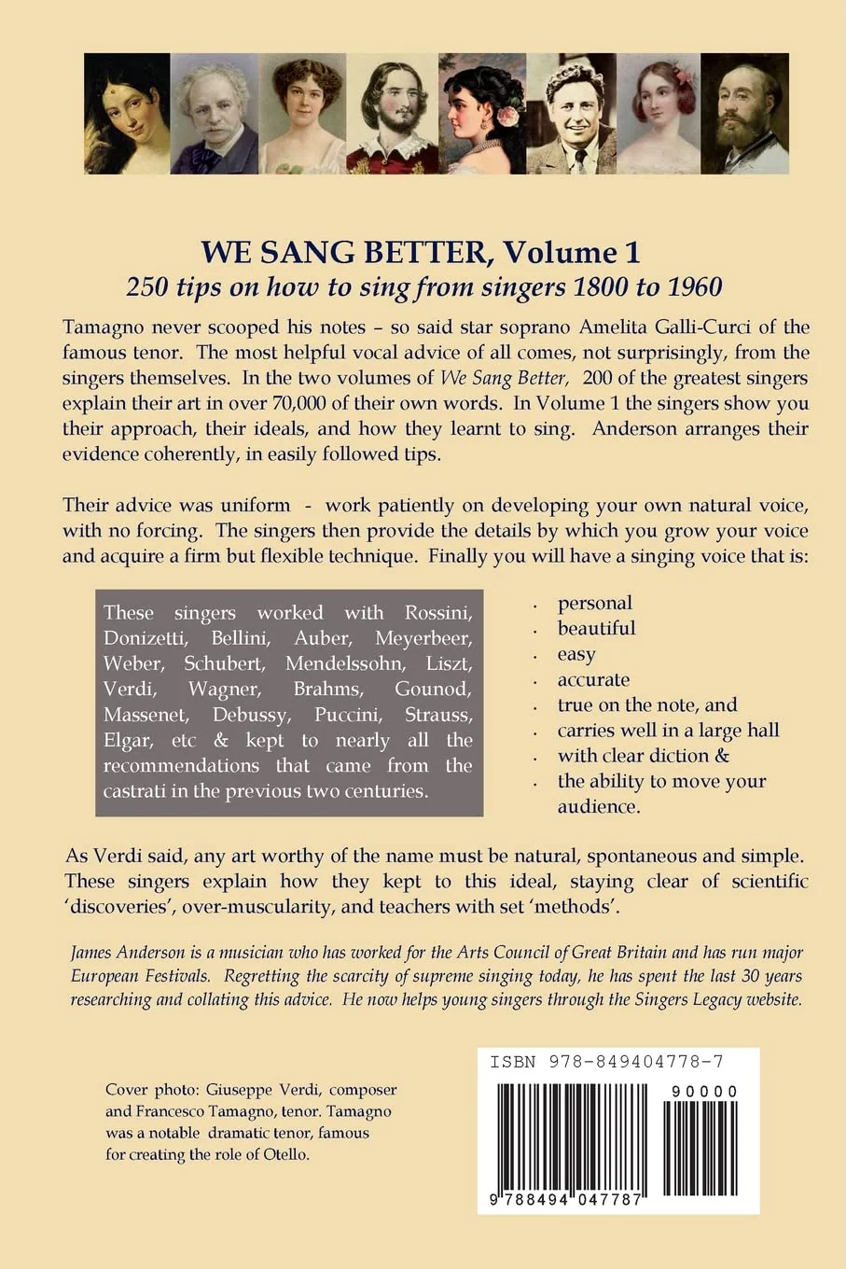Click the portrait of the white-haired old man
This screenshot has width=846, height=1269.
click(x=215, y=114)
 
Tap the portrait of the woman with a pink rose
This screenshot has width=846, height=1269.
click(x=480, y=114)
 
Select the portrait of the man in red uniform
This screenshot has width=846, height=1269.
click(x=392, y=114)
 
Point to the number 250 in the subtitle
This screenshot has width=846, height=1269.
click(x=146, y=286)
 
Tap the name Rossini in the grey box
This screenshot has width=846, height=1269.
click(x=437, y=613)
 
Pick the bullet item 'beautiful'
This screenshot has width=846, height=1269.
click(x=596, y=629)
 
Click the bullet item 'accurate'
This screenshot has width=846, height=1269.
click(x=593, y=680)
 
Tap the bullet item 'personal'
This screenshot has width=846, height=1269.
click(x=595, y=604)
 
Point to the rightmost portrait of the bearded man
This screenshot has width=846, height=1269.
click(x=744, y=114)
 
